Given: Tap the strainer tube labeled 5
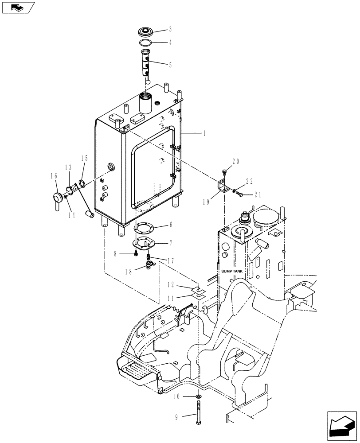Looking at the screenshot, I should [145, 64].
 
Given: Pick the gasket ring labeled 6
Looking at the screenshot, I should [145, 228].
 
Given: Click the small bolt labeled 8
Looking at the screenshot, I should [134, 254].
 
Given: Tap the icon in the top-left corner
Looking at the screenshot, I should [18, 8].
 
